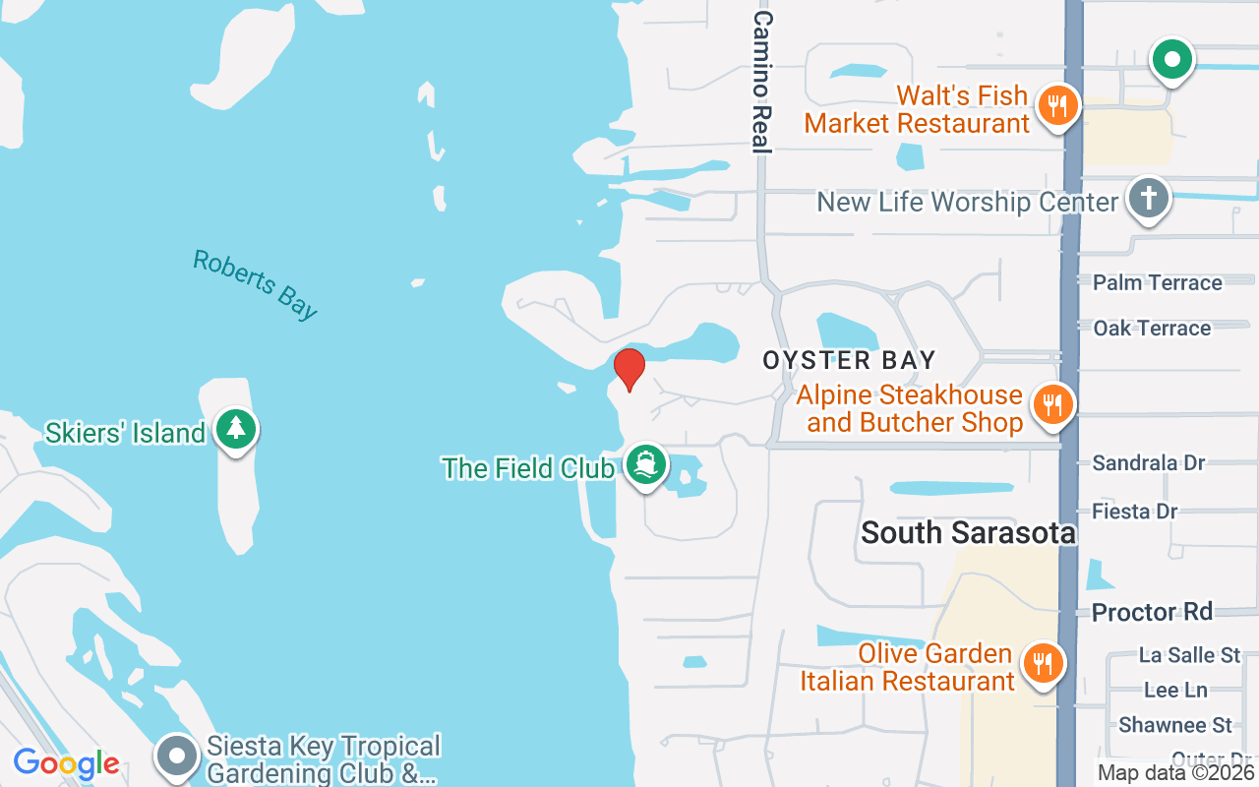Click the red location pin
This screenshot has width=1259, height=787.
tap(629, 369)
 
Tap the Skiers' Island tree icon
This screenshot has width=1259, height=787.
tap(235, 429)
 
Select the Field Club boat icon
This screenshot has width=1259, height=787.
tap(645, 465)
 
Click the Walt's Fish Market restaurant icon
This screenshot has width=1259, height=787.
tap(1057, 104)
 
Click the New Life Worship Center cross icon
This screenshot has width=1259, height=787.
tap(1148, 198)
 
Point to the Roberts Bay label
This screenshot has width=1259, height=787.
tap(256, 284)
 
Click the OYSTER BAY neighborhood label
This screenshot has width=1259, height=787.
tap(849, 360)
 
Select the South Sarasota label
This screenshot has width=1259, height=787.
tap(968, 533)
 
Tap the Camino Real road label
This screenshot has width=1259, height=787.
tap(761, 83)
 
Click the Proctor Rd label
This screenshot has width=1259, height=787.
tap(1152, 611)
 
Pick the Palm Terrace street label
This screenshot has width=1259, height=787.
tap(1157, 282)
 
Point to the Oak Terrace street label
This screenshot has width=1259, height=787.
tap(1152, 328)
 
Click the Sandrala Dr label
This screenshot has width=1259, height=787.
tap(1148, 462)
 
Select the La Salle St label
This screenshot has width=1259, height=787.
tap(1189, 654)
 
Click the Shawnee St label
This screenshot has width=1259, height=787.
tap(1174, 725)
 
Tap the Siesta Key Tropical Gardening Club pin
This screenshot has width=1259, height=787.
tap(178, 756)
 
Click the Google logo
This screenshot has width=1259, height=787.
tap(66, 763)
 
